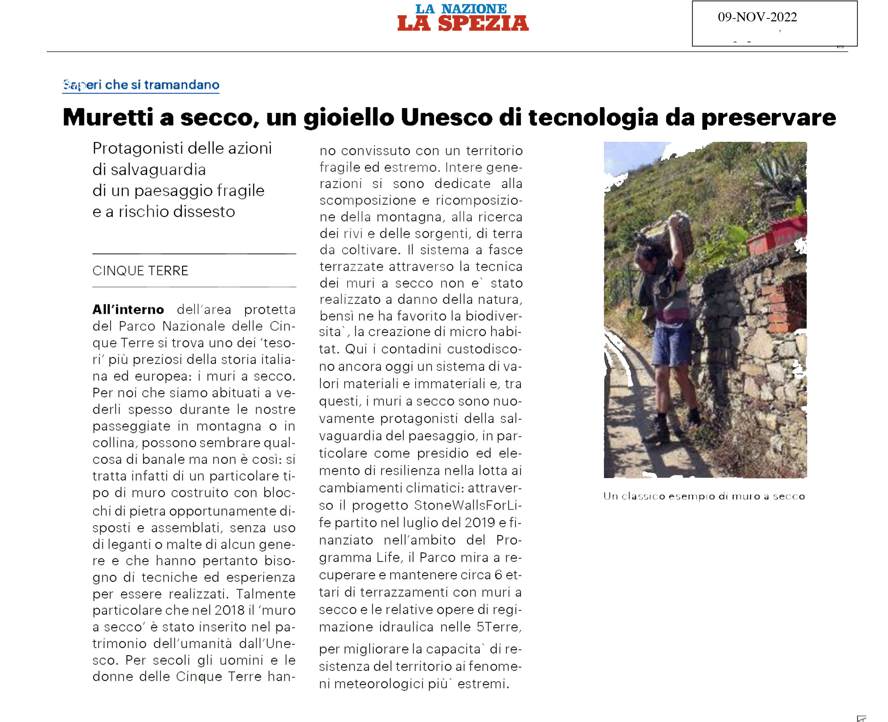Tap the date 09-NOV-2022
(x=757, y=17)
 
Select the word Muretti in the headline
(x=108, y=117)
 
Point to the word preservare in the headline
(x=768, y=118)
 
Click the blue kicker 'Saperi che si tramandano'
(x=141, y=85)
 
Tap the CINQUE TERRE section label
(x=140, y=271)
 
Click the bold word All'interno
(x=128, y=310)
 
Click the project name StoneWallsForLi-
(x=467, y=505)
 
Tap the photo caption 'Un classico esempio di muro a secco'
(x=704, y=496)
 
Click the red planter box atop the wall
(x=776, y=235)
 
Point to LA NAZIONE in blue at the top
(x=461, y=8)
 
